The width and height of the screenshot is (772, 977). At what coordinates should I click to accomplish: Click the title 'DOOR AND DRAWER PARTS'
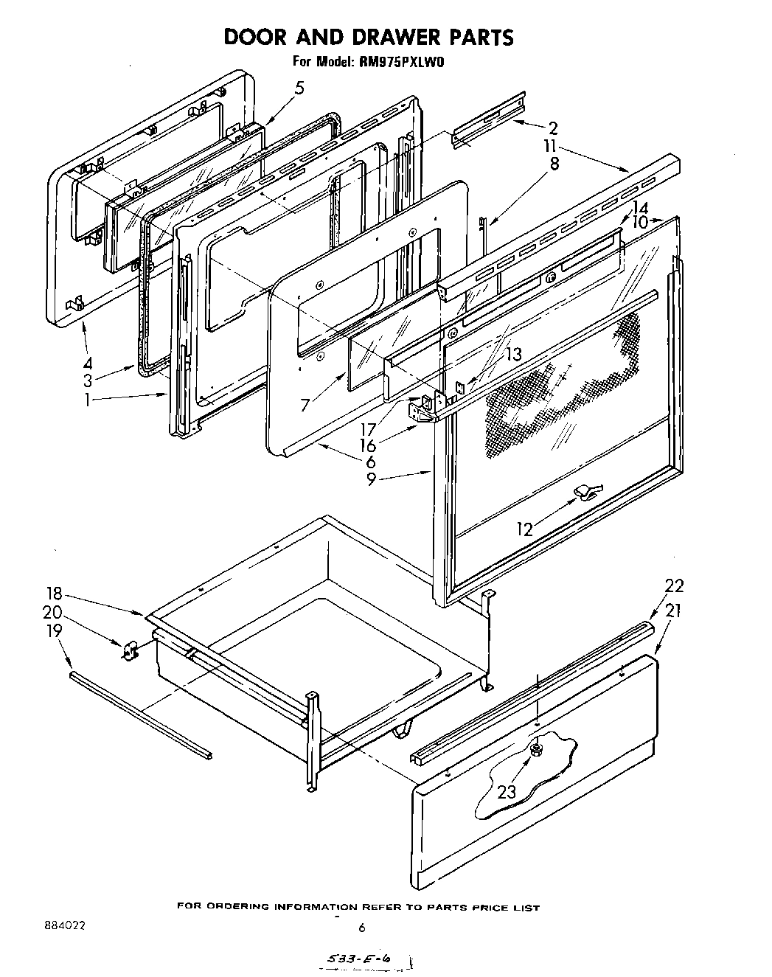point(368,37)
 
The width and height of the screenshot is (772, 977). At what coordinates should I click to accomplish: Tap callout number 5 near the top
point(298,88)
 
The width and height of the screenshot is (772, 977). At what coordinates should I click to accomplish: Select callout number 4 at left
point(87,363)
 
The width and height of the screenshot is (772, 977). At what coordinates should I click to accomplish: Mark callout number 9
point(372,480)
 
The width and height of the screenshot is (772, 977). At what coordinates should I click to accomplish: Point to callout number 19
point(53,631)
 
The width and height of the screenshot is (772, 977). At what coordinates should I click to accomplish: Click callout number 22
point(674,586)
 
